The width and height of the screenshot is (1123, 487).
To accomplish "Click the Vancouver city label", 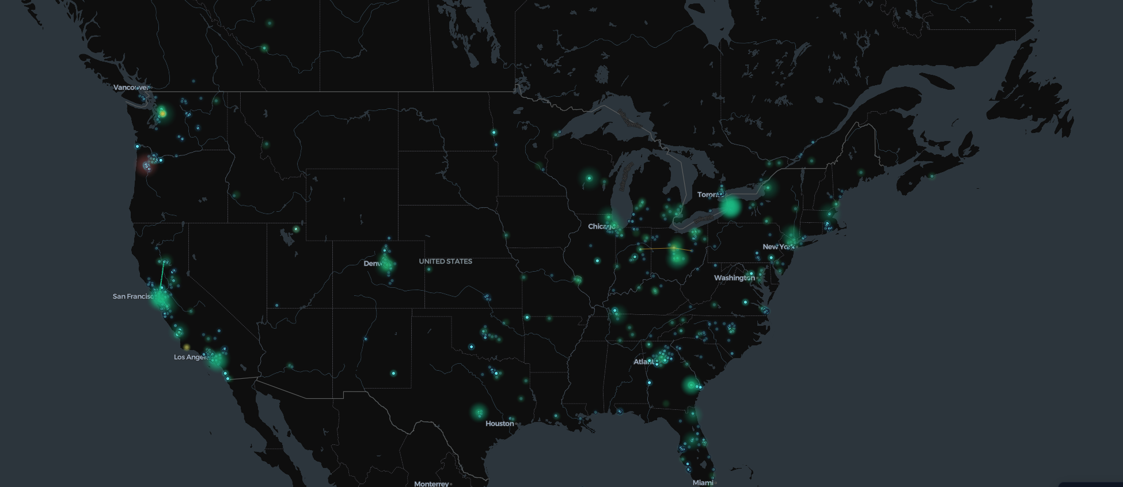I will pyautogui.click(x=131, y=87).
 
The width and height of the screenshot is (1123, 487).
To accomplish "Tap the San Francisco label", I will pyautogui.click(x=133, y=296).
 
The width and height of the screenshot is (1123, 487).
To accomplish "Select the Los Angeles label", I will pyautogui.click(x=190, y=357).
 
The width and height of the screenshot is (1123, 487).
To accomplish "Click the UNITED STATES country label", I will pyautogui.click(x=445, y=261).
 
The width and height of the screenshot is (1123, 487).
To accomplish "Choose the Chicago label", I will pyautogui.click(x=600, y=226).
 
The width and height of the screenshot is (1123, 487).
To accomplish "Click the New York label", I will pyautogui.click(x=777, y=247).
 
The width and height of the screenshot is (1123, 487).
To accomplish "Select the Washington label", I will pyautogui.click(x=734, y=278).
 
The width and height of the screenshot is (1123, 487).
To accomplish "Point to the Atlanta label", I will pyautogui.click(x=644, y=362).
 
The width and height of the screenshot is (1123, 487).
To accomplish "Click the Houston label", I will pyautogui.click(x=499, y=424).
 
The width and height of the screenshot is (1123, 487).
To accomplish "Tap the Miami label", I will pyautogui.click(x=703, y=482).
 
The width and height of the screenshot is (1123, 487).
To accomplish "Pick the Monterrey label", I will pyautogui.click(x=431, y=484).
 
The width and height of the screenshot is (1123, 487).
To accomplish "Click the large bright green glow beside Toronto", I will pyautogui.click(x=730, y=207).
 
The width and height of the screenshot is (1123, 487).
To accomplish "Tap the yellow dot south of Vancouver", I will pyautogui.click(x=163, y=113).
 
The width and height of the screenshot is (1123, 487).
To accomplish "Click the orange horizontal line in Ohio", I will pyautogui.click(x=662, y=249).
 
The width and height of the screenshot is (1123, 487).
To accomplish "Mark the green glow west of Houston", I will pyautogui.click(x=479, y=412).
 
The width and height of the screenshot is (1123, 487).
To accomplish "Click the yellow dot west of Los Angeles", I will pyautogui.click(x=186, y=347).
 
